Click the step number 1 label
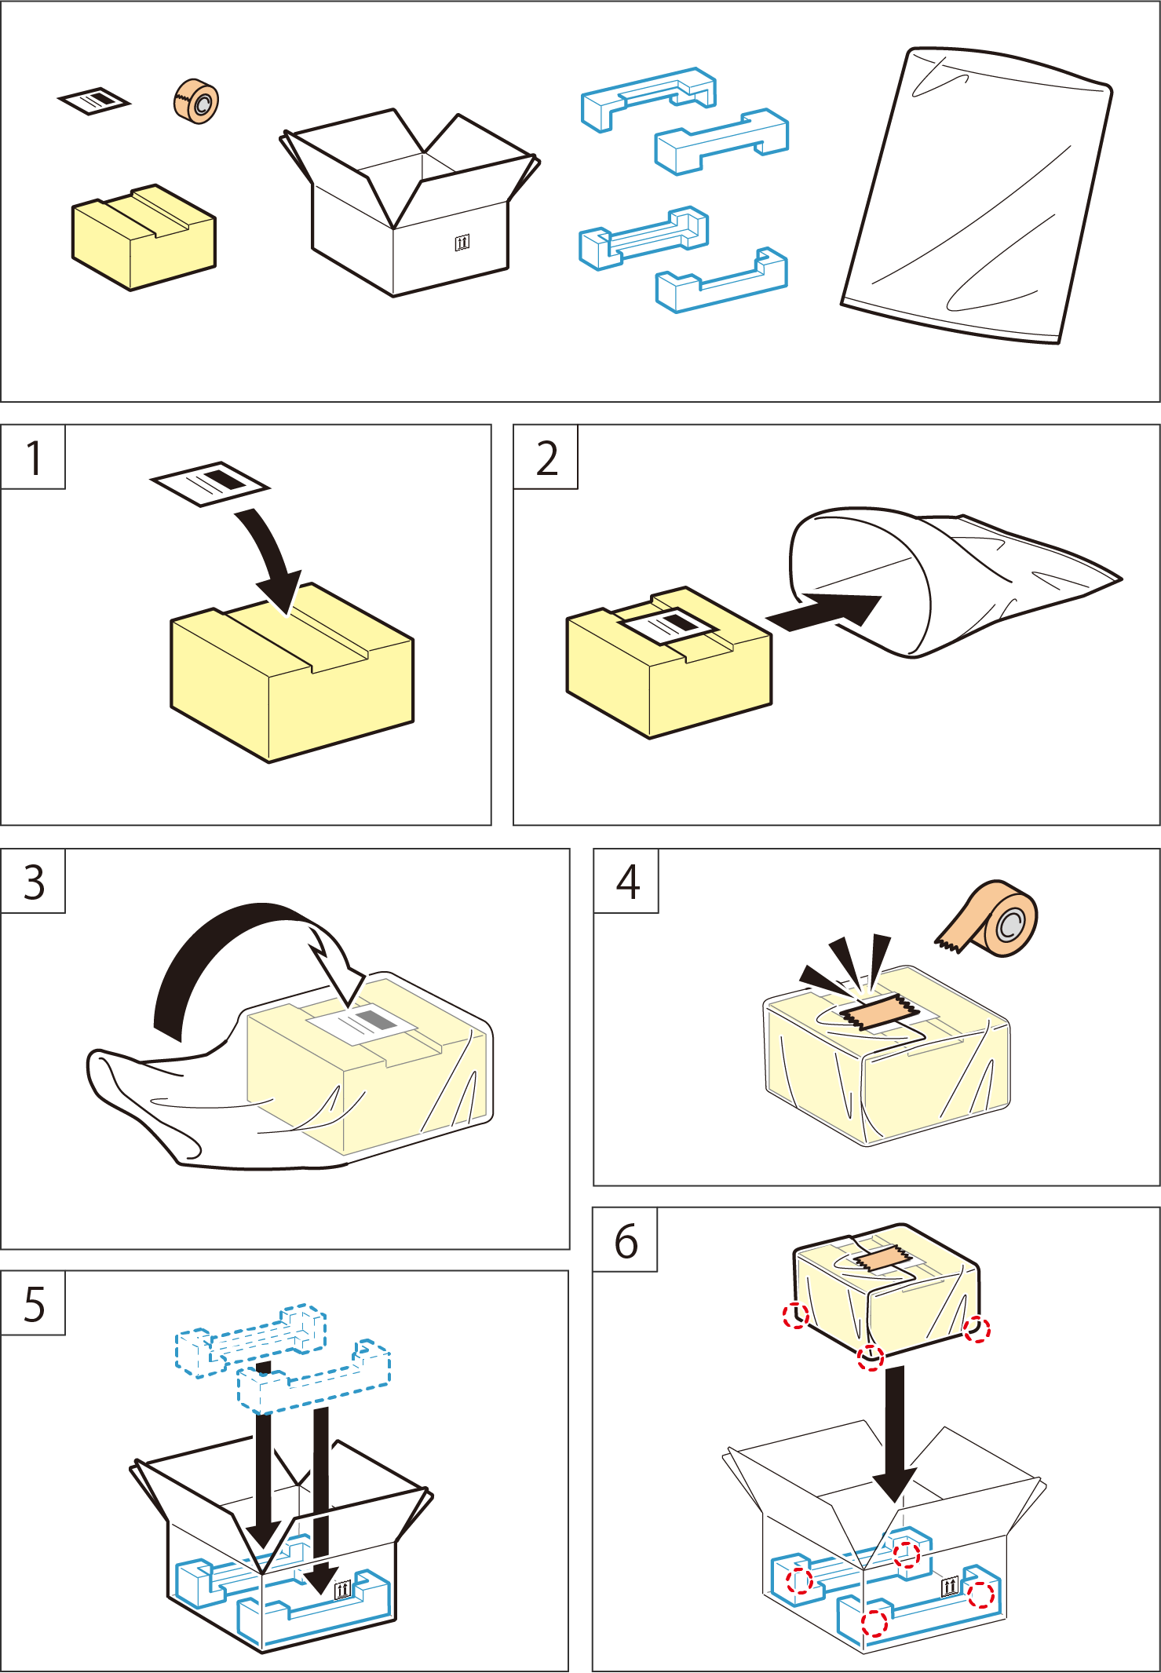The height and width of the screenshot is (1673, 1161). pos(33,458)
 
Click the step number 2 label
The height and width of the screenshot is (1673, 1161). pos(546,458)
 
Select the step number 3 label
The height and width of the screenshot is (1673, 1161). pos(34,882)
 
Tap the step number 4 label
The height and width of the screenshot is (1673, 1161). pos(627,882)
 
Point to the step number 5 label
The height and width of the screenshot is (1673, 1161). pos(34,1304)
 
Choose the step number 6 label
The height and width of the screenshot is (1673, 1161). pos(626,1241)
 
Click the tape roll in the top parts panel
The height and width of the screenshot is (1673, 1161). pos(196,101)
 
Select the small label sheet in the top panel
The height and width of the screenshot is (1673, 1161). pos(94,100)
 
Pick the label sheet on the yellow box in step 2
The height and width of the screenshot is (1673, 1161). pos(668,626)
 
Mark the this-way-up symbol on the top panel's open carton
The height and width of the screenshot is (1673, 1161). pos(462,242)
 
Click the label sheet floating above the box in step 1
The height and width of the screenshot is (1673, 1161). pos(210,482)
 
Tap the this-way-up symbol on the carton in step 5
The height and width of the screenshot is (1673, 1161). pos(343,1590)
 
